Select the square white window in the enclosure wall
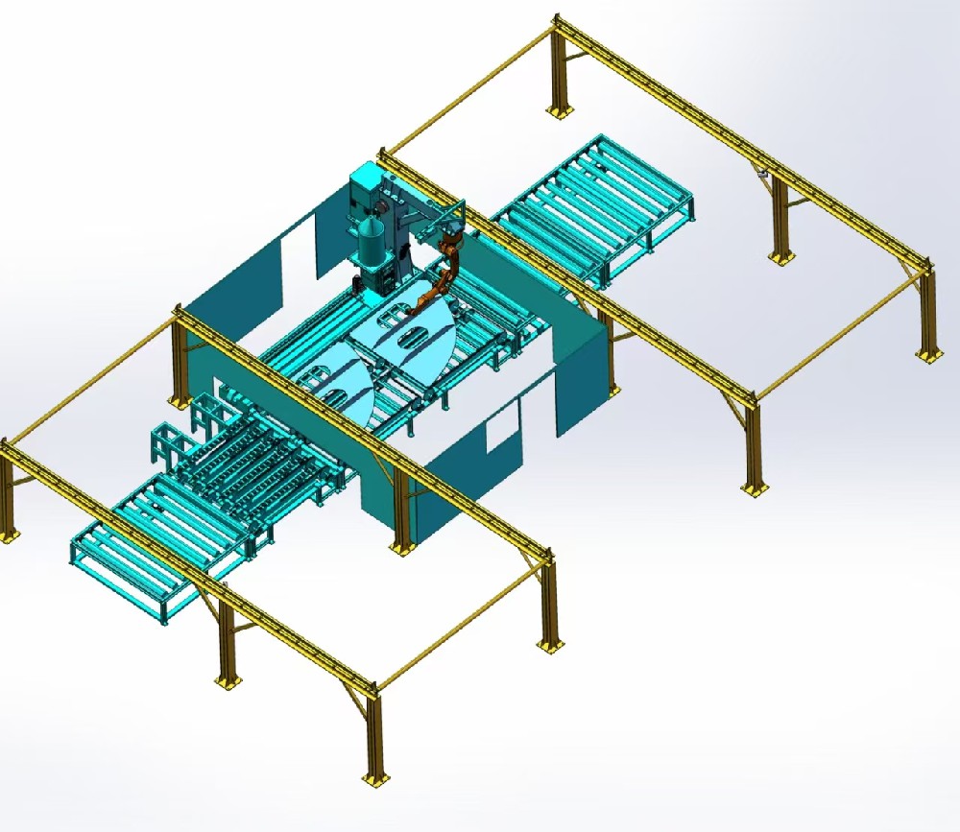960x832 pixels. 502,425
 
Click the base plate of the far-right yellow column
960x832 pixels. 928,356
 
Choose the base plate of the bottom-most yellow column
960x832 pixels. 372,778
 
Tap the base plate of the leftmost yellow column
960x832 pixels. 8,535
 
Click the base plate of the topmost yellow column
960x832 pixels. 556,113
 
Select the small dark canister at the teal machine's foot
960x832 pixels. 357,285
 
